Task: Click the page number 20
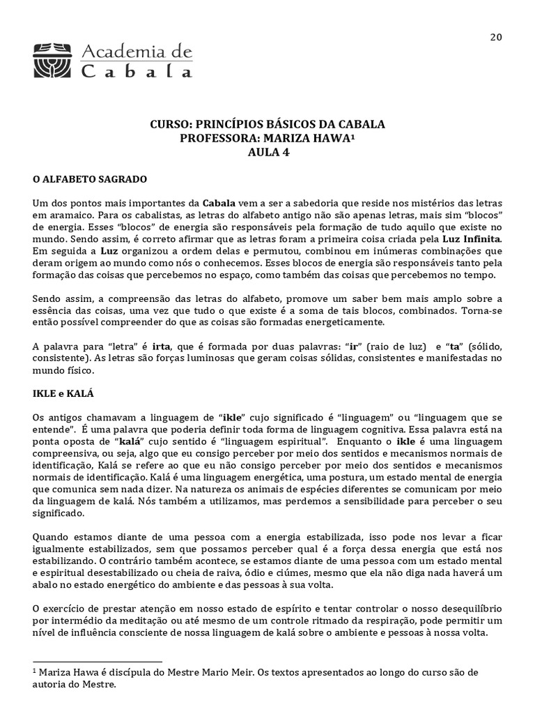click(496, 37)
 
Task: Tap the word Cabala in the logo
click(137, 70)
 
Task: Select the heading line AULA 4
click(267, 153)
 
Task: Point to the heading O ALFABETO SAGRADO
click(90, 179)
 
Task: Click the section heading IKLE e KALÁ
click(63, 394)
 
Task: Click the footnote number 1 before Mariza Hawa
click(36, 670)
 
